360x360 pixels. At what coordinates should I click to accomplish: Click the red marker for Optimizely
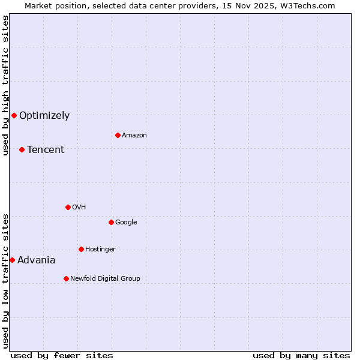[14, 115]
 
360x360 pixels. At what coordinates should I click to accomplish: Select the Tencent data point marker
[22, 149]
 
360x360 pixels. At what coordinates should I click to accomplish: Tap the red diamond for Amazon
[118, 135]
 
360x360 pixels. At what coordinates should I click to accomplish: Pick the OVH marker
[68, 207]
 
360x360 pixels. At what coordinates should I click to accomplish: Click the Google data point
[111, 222]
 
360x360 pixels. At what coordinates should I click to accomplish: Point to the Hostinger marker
[81, 249]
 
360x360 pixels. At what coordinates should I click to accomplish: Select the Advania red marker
[12, 260]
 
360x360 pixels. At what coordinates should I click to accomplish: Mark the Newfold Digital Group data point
[66, 278]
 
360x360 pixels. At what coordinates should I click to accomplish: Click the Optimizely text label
[44, 116]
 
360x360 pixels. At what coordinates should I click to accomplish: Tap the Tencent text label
[46, 150]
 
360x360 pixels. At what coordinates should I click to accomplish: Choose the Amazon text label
[134, 136]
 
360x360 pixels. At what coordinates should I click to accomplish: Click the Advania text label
[37, 260]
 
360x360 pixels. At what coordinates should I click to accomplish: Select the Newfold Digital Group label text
[105, 278]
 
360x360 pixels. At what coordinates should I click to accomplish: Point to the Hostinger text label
[100, 249]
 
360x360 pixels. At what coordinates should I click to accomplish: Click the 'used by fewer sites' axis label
[62, 355]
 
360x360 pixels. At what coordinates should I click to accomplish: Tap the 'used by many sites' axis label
[301, 355]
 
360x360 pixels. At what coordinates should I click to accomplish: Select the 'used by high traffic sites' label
[5, 85]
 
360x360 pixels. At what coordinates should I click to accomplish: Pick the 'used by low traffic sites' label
[5, 280]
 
